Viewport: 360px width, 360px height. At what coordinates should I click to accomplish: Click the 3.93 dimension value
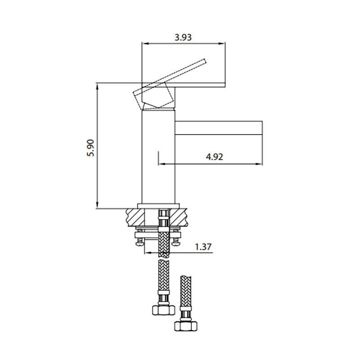tap(183, 37)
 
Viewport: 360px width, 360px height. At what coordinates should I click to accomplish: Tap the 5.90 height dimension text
tap(90, 147)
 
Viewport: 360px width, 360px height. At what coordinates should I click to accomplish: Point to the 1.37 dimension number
tap(203, 247)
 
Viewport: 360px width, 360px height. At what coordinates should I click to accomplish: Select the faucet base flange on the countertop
tap(157, 206)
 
